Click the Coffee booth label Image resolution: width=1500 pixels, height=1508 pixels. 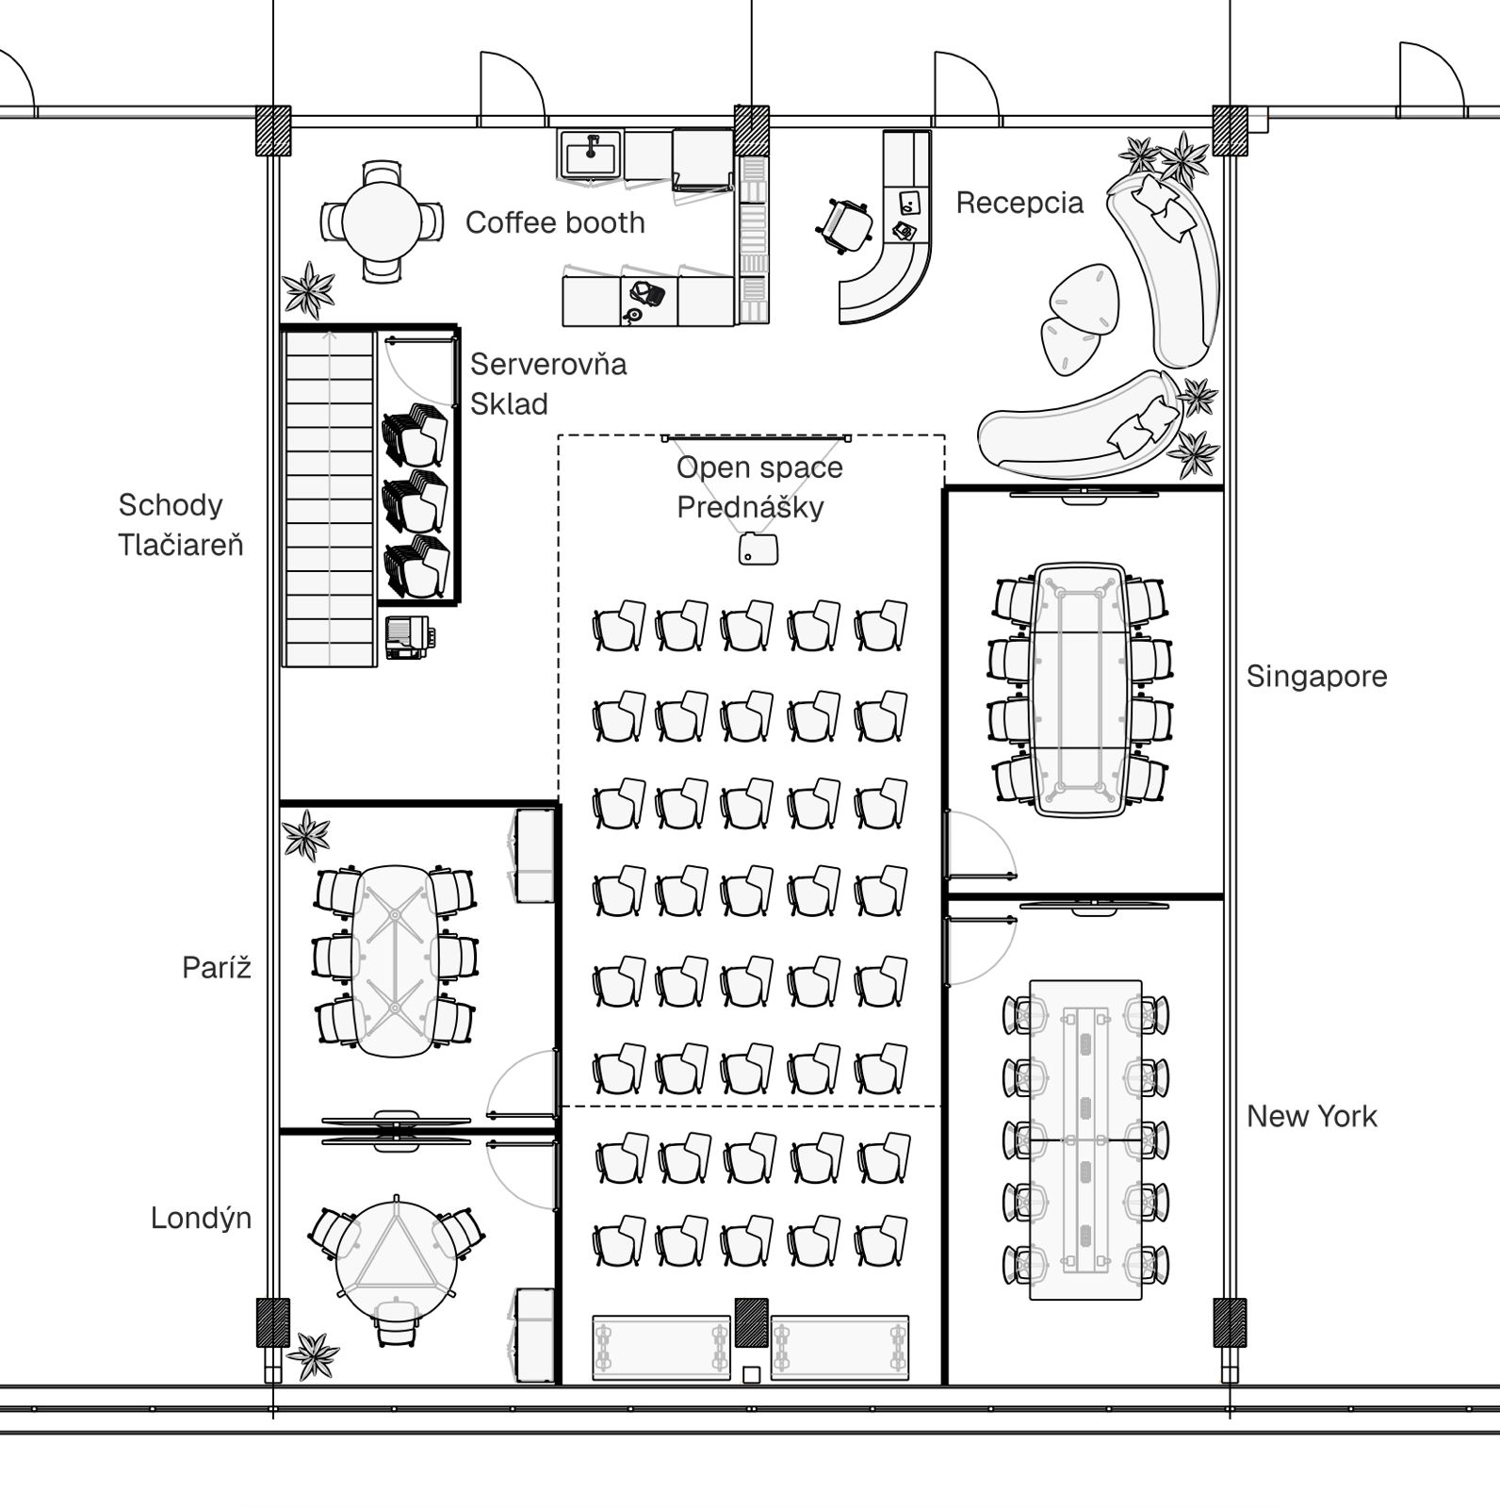[x=555, y=223]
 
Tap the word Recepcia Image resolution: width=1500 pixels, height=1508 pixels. [x=1019, y=204]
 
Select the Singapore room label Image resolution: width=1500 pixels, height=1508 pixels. [x=1316, y=677]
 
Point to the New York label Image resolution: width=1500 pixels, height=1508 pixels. [x=1312, y=1117]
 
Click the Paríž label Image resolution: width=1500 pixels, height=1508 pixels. [x=217, y=967]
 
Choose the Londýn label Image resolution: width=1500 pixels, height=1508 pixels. [x=201, y=1219]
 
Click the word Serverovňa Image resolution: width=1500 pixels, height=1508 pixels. [x=548, y=364]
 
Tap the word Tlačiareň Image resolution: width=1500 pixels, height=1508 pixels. [x=181, y=545]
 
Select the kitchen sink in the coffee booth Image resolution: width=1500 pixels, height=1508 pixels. [x=591, y=154]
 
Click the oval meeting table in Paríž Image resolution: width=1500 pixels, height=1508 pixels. [x=394, y=960]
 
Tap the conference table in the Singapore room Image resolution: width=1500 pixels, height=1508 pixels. [x=1081, y=690]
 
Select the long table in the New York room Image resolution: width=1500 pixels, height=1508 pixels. [x=1085, y=1140]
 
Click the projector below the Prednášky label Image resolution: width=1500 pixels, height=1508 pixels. [x=758, y=549]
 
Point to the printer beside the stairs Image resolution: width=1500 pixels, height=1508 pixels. [x=409, y=637]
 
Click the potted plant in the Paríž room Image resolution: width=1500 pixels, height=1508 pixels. [x=306, y=835]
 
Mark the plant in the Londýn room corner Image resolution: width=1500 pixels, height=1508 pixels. [x=312, y=1354]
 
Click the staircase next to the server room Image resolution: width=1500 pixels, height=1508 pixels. [x=329, y=498]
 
